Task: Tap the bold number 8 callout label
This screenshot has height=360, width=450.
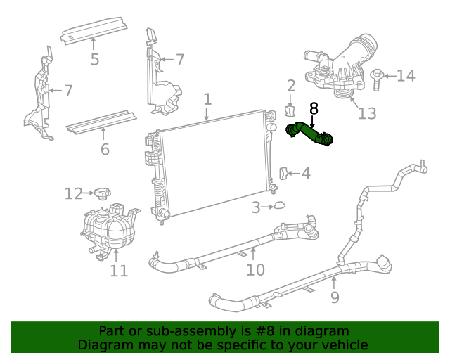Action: point(313,108)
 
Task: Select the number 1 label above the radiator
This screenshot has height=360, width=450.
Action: point(207,99)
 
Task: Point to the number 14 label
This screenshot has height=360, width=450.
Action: point(406,75)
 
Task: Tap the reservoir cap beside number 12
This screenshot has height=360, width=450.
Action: point(103,193)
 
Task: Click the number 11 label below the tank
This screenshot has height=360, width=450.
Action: point(119,270)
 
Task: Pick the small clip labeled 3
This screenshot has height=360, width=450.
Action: point(279,206)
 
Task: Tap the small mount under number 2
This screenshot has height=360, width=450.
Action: point(289,111)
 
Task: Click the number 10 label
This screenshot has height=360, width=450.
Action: point(255,269)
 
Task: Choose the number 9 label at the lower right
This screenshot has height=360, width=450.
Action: point(335,297)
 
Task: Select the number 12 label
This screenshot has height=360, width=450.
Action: point(74,193)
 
